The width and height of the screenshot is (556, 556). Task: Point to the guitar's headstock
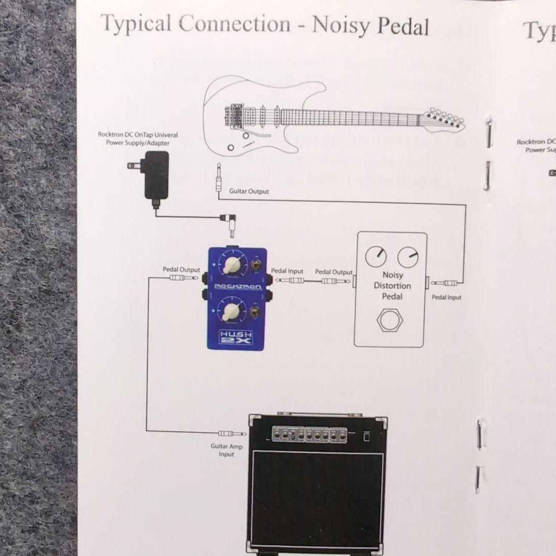point(444,119)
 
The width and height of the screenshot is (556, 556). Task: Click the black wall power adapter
point(155,175)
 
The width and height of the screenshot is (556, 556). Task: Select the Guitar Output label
point(249,192)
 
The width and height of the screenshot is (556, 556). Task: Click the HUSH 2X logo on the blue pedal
point(236,338)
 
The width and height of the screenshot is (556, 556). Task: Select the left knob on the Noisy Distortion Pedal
point(376,256)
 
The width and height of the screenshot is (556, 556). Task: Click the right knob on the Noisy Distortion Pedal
point(408,256)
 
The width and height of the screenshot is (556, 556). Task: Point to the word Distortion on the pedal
point(392,286)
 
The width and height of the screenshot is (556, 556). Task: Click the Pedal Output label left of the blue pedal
point(181,269)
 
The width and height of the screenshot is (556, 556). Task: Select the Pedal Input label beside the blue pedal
point(287,271)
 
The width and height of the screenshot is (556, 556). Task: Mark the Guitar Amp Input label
point(226,450)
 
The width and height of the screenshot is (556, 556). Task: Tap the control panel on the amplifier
point(310,435)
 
